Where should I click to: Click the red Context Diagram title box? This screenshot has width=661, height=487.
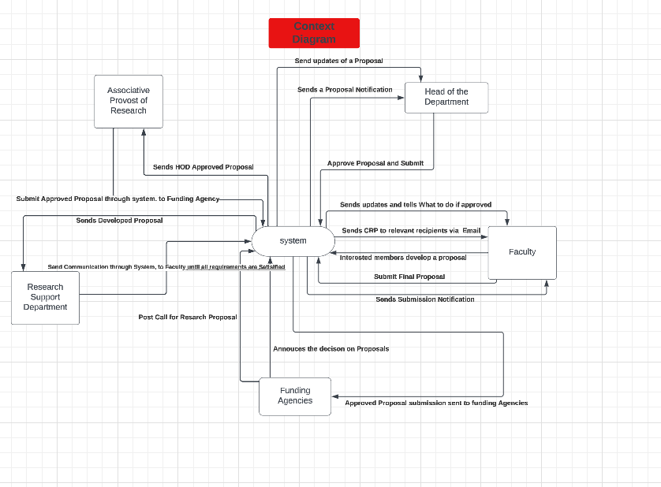(x=314, y=33)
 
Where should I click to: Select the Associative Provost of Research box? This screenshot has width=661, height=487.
(x=128, y=101)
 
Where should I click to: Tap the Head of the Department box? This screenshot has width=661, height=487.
(x=446, y=97)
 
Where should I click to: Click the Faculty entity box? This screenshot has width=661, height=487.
(x=521, y=252)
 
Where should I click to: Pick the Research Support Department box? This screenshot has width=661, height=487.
(x=45, y=297)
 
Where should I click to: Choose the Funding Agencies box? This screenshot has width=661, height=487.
(x=295, y=396)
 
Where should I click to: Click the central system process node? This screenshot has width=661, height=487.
(x=293, y=240)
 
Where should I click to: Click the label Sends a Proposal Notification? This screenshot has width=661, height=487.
(x=345, y=90)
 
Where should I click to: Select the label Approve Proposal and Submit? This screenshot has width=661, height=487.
(x=375, y=163)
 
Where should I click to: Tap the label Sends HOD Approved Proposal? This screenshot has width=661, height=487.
(x=204, y=167)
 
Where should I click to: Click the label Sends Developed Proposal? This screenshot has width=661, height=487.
(x=119, y=221)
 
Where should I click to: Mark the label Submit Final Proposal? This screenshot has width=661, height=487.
(x=409, y=277)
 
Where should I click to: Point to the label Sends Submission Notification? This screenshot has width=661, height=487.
(x=425, y=299)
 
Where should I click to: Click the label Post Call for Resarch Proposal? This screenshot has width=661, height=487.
(x=188, y=317)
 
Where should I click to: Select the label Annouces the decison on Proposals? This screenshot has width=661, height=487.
(x=330, y=348)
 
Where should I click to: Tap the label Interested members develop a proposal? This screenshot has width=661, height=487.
(x=403, y=258)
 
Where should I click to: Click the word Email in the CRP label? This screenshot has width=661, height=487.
(x=471, y=231)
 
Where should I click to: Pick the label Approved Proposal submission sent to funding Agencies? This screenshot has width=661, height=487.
(x=436, y=403)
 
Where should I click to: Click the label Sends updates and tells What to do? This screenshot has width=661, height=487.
(x=416, y=205)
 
